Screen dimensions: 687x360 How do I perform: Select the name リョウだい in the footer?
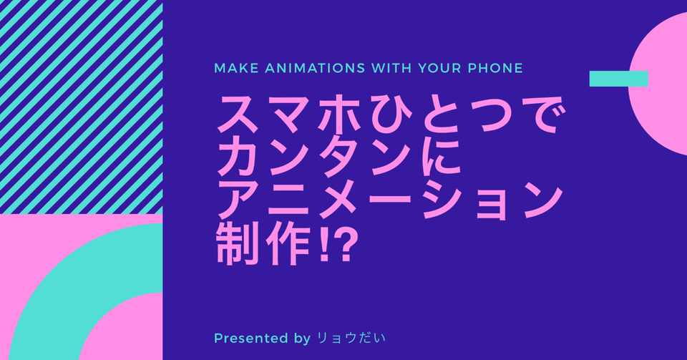[351, 339]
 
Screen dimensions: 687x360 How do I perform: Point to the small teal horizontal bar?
[618, 79]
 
